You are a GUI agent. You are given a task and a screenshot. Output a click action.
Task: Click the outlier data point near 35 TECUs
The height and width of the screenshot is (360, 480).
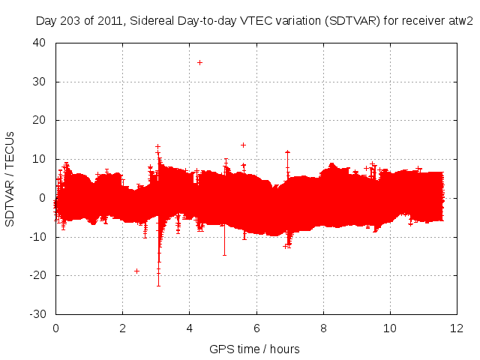click(x=199, y=62)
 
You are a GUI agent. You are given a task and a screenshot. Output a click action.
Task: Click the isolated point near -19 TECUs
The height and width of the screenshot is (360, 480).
click(x=136, y=271)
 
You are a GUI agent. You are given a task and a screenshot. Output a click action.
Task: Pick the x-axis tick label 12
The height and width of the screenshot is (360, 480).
click(x=457, y=328)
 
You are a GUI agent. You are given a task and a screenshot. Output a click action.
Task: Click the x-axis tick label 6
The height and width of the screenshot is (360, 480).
click(x=256, y=328)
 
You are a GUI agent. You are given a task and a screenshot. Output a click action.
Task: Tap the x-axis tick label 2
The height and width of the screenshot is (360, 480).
click(x=122, y=328)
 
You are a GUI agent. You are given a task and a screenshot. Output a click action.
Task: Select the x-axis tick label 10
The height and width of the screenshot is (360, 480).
click(x=390, y=328)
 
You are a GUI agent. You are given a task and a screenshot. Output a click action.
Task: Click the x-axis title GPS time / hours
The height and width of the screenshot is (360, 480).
click(x=255, y=349)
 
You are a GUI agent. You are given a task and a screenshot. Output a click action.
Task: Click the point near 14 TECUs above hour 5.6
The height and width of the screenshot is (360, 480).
click(x=243, y=145)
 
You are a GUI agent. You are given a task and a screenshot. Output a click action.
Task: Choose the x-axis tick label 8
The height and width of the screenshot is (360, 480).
click(x=323, y=328)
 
